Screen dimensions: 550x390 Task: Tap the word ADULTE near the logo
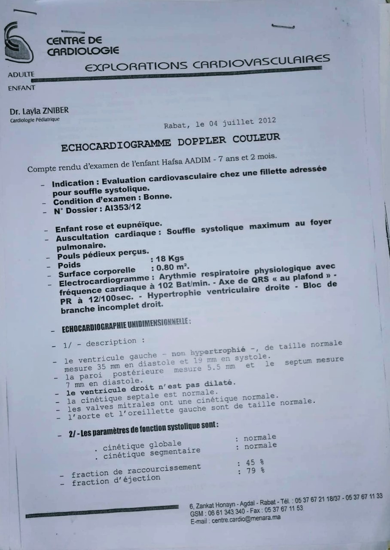click(x=21, y=75)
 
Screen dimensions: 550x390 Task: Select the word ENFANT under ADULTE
click(x=21, y=89)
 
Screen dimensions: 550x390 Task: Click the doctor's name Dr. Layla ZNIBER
click(x=39, y=111)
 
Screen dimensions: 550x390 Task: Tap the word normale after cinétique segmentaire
click(x=260, y=446)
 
